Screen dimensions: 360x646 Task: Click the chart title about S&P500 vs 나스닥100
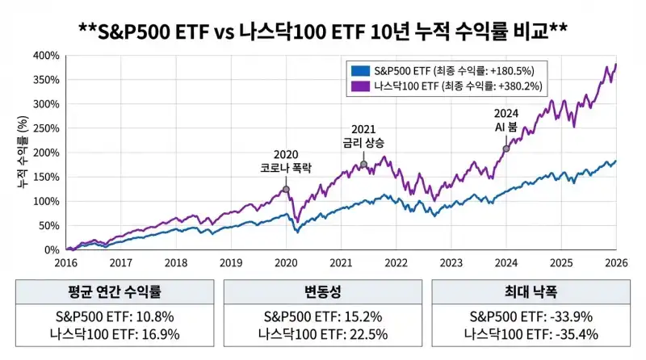point(323,30)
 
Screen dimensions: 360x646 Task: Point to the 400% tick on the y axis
point(46,56)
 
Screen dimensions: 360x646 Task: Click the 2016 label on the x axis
point(65,262)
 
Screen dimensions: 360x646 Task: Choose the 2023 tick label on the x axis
point(451,262)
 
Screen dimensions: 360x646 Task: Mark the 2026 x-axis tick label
point(616,262)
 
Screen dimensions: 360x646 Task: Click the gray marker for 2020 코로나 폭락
point(286,190)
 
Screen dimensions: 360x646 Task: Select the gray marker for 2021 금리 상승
point(363,165)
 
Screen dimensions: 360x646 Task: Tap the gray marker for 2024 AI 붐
point(506,149)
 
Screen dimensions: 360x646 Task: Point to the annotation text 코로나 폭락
point(286,169)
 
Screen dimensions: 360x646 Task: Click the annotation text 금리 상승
point(364,143)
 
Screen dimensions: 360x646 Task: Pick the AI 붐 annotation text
point(506,128)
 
